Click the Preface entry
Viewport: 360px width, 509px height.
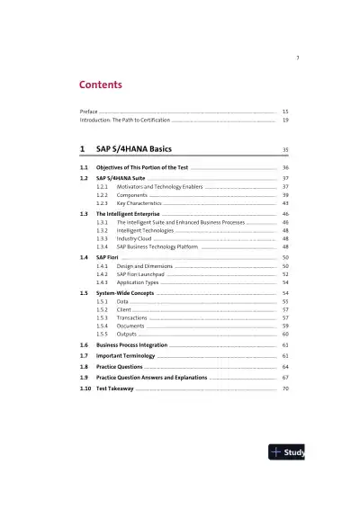(x=88, y=110)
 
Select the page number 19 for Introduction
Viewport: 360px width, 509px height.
(x=285, y=120)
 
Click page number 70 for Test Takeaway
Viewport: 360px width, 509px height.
(x=285, y=388)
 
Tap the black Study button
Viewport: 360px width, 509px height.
(x=288, y=452)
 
